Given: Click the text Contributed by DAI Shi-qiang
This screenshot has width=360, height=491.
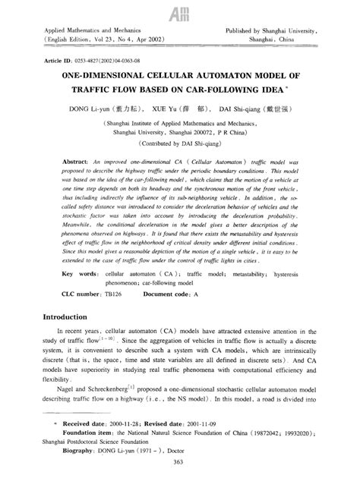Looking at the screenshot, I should point(179,143).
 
